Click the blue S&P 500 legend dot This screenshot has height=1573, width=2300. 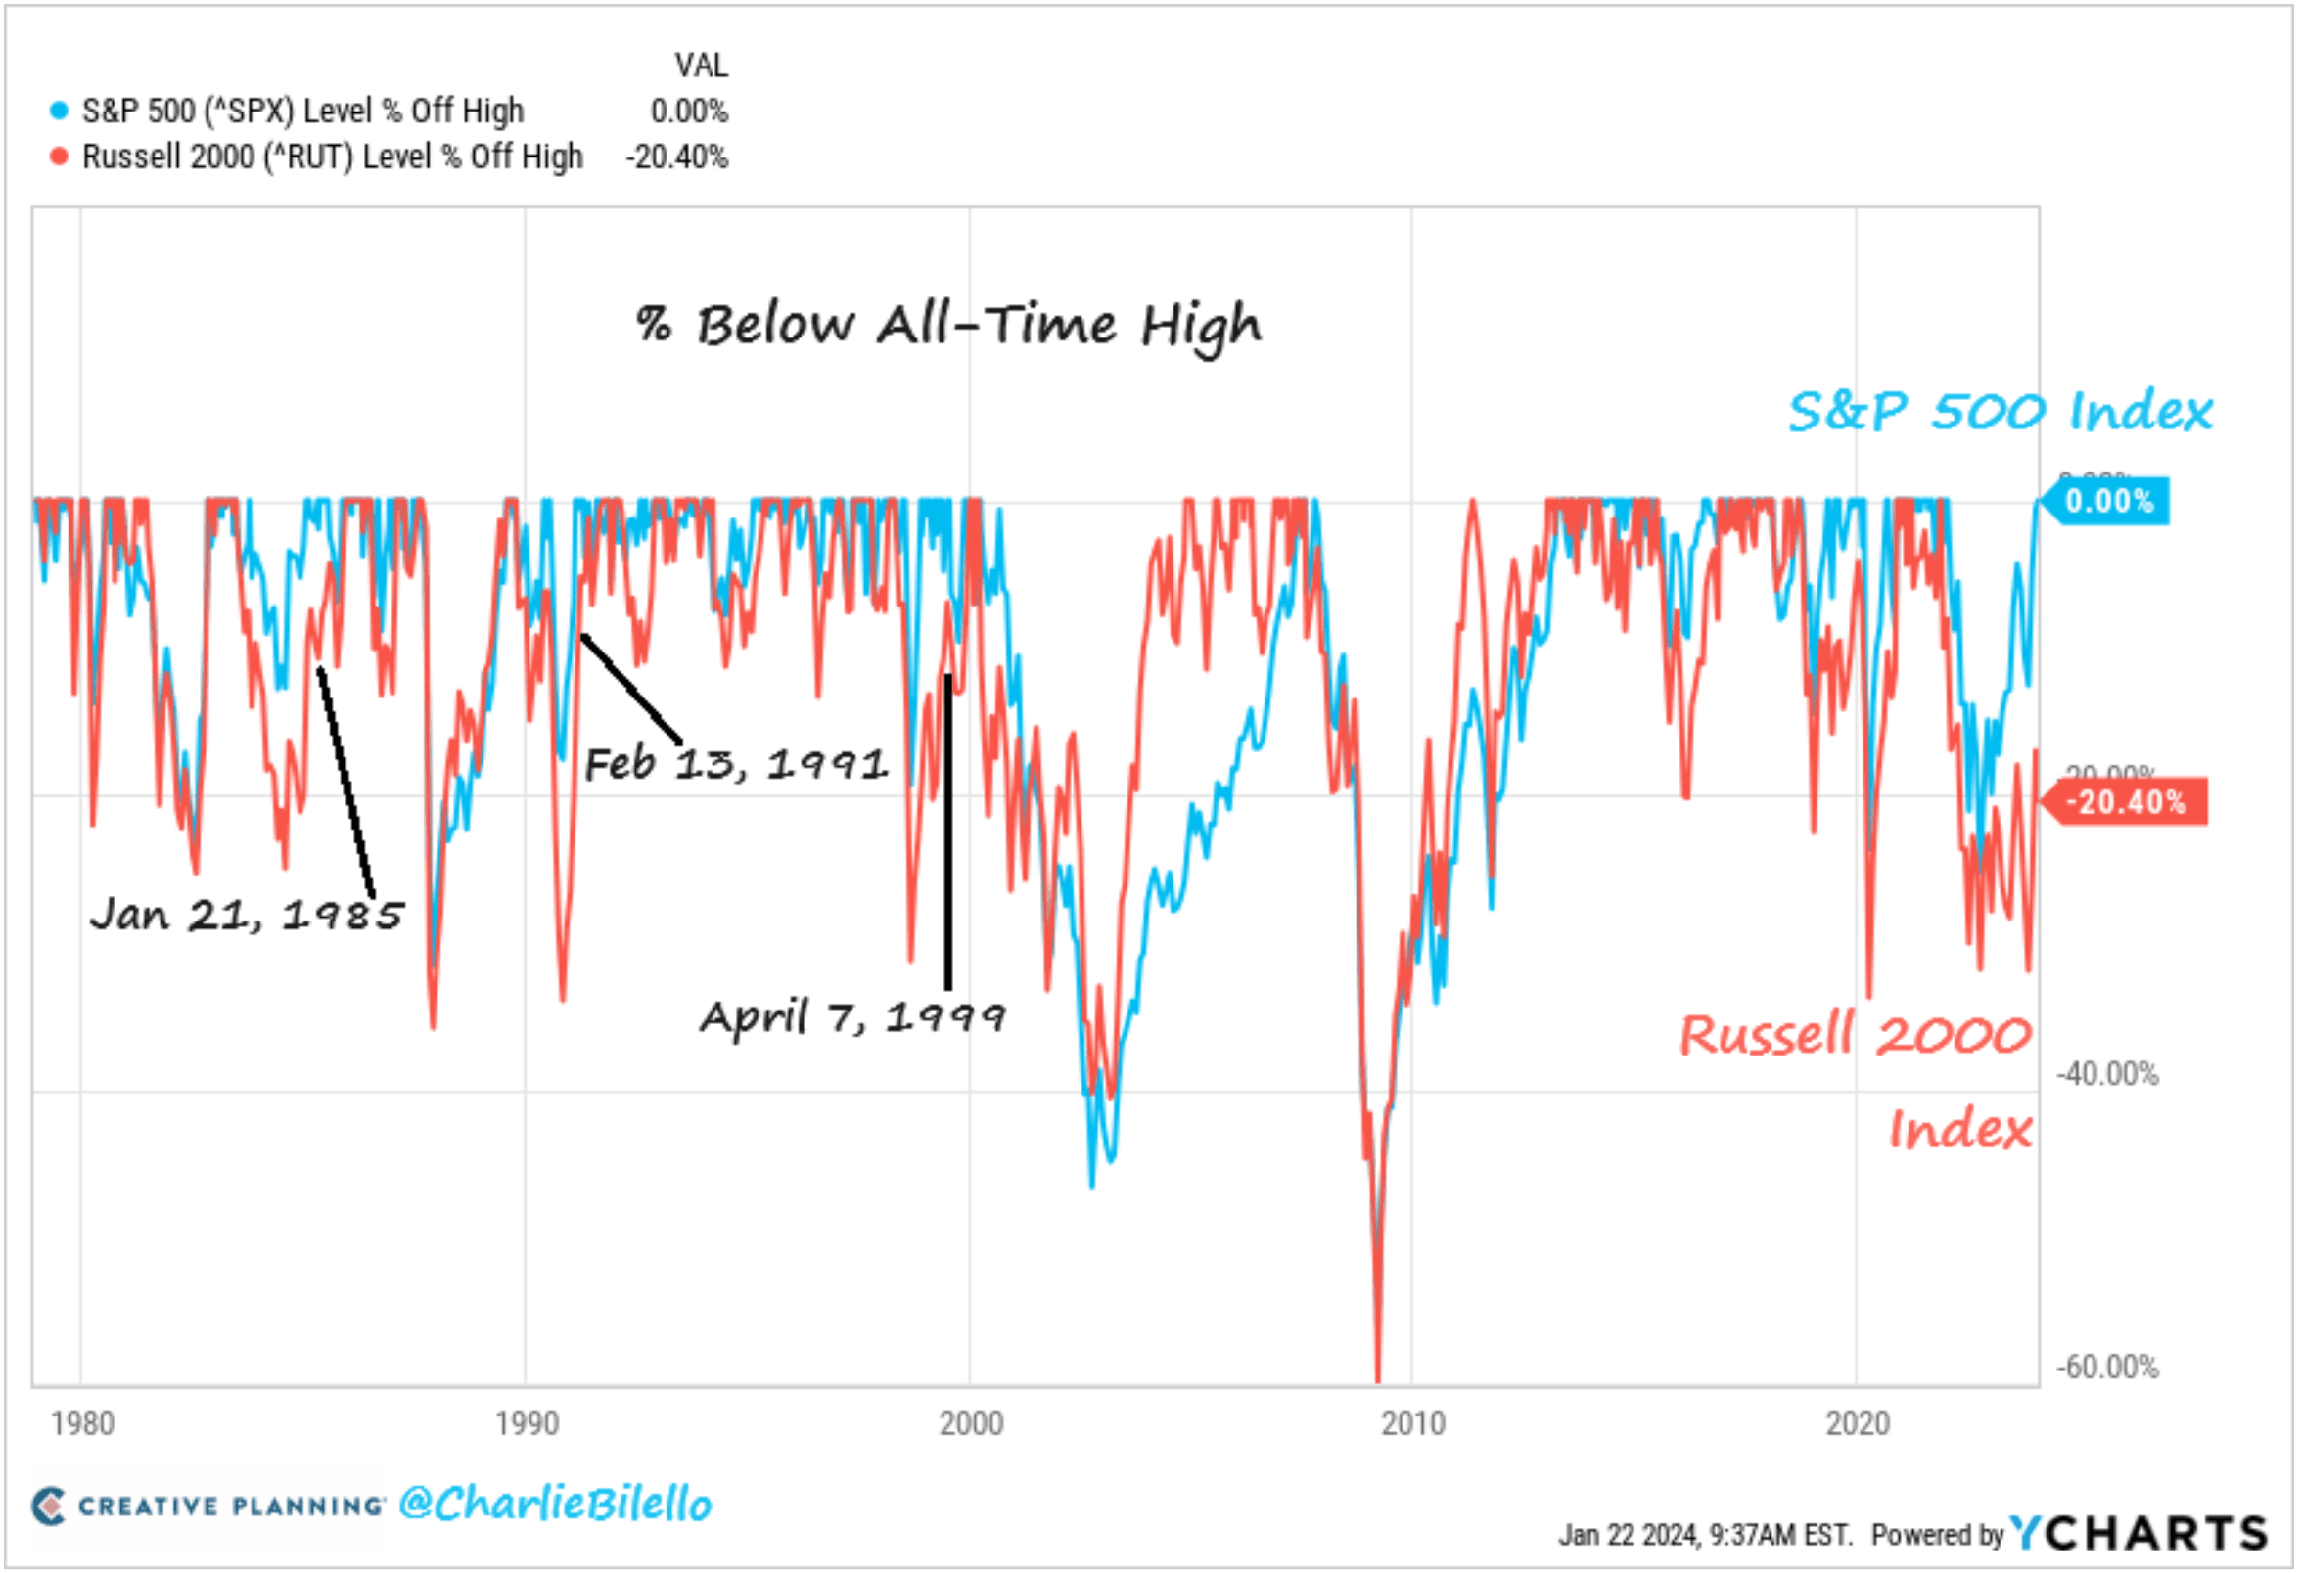[60, 111]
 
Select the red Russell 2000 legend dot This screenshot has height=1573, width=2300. [60, 157]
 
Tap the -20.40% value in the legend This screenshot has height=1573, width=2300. [677, 157]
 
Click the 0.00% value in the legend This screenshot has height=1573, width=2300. [689, 111]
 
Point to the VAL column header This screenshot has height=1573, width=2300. [701, 66]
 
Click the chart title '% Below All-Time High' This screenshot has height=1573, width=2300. [948, 325]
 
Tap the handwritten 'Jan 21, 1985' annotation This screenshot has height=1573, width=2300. [247, 914]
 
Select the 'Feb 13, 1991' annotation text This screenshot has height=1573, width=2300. [735, 764]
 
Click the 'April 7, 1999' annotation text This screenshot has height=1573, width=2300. [852, 1017]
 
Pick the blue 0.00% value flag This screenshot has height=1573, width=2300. [2108, 501]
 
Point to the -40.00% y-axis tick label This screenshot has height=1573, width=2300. [2108, 1073]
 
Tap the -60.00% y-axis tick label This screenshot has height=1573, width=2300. [2108, 1368]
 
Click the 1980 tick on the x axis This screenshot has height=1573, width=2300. [82, 1423]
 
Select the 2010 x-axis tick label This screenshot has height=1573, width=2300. [1413, 1423]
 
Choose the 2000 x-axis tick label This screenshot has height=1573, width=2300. [971, 1423]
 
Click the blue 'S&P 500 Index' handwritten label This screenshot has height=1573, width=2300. [2000, 412]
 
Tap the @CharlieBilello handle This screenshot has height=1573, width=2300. [555, 1504]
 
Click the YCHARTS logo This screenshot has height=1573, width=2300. [2139, 1534]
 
